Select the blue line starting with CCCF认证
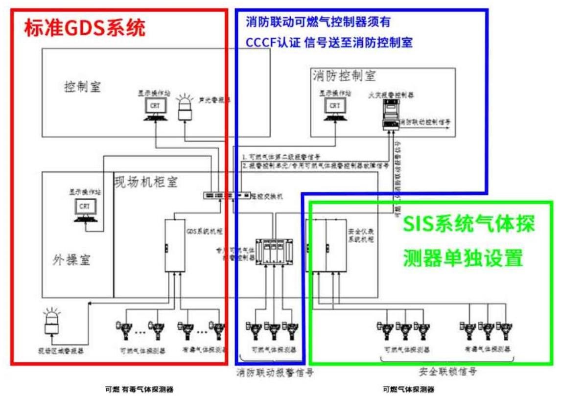[328, 43]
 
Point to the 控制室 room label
[82, 87]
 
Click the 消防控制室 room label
[344, 76]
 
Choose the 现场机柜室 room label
[146, 182]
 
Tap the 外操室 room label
[71, 260]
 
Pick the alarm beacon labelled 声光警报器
[186, 107]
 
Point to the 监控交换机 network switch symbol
[228, 195]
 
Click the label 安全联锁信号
[447, 372]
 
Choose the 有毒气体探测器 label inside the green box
[487, 350]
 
